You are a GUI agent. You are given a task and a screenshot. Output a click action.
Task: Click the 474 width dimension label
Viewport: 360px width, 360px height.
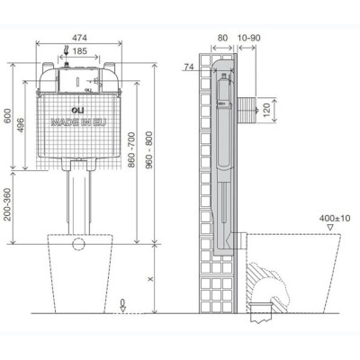79,38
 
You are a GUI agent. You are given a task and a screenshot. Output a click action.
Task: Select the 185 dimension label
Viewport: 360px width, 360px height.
80,51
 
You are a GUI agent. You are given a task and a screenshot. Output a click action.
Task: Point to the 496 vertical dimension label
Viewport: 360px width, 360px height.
20,125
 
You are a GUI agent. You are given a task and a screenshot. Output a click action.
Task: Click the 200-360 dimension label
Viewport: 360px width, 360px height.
7,204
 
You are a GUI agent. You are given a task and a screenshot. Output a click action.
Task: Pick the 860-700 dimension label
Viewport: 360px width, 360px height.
131,149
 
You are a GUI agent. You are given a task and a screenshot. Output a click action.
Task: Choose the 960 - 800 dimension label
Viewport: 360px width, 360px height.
149,149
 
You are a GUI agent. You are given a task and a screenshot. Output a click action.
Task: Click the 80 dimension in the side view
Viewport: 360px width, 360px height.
222,38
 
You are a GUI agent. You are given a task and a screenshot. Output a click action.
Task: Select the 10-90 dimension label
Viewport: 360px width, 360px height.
249,38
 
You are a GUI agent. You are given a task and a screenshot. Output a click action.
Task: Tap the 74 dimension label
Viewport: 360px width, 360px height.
189,67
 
